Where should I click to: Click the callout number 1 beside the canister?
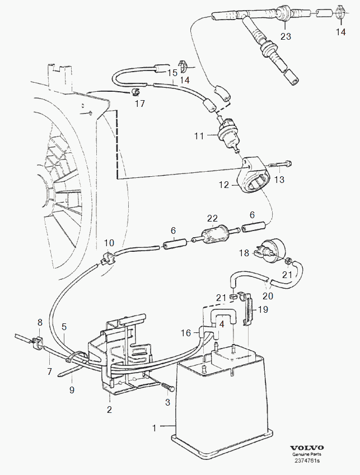click(x=154, y=428)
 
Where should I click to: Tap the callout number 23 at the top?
click(x=286, y=37)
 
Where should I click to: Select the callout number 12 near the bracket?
click(x=223, y=184)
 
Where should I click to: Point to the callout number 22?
click(x=212, y=218)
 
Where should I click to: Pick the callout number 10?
click(x=109, y=243)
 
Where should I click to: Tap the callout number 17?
click(x=139, y=104)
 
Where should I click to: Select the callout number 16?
click(x=186, y=333)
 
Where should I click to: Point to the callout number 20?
click(x=268, y=297)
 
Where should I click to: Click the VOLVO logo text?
click(x=307, y=448)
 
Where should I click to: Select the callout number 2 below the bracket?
click(x=109, y=410)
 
